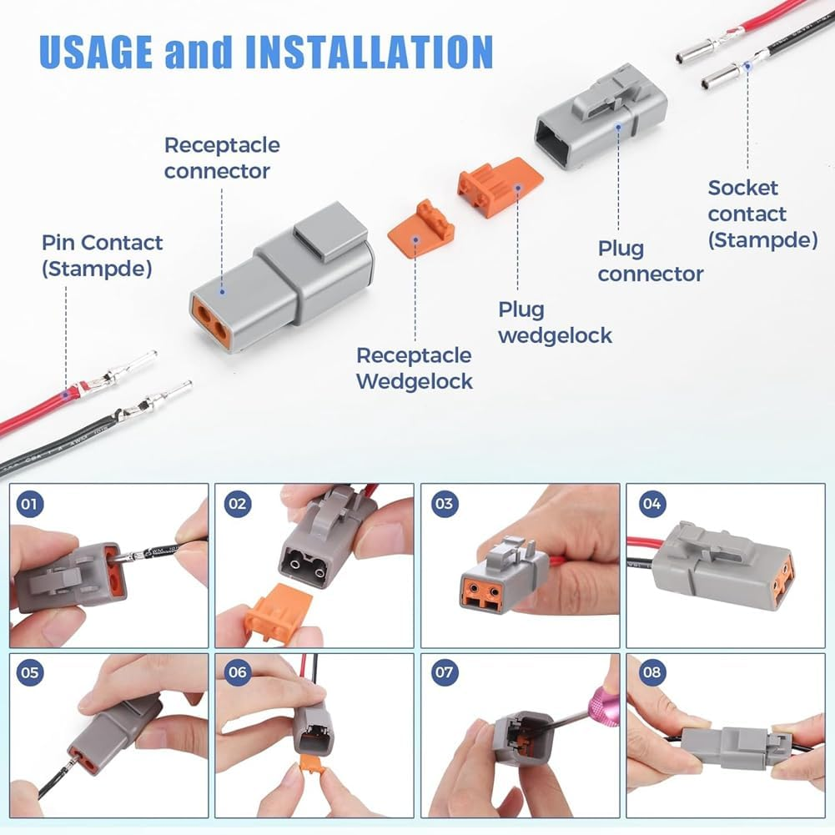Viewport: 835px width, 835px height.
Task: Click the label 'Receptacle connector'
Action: [x=221, y=158]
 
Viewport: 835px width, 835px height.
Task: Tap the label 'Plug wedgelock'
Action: [x=555, y=323]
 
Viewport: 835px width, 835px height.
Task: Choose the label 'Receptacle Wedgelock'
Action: [x=415, y=368]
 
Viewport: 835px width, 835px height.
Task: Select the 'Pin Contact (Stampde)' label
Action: [x=103, y=256]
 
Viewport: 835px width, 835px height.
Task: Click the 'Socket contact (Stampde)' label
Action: [x=762, y=214]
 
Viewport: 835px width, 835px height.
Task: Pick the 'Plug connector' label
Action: [x=650, y=261]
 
